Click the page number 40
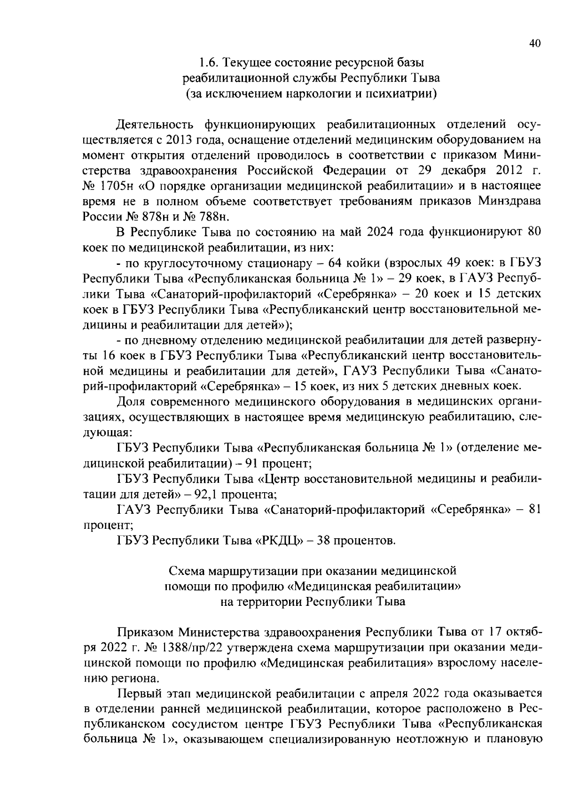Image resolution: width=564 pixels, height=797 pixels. point(535,43)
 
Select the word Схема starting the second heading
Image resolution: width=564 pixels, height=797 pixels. point(187,571)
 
